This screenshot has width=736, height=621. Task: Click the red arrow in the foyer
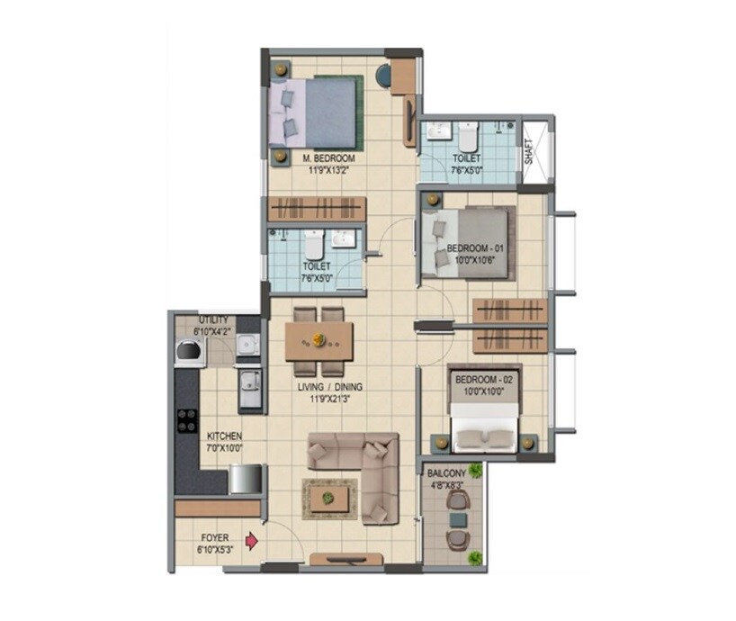point(253,542)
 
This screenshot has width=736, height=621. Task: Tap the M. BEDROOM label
point(328,158)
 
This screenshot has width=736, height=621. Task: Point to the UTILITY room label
point(214,319)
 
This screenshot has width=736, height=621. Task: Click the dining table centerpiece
point(318,340)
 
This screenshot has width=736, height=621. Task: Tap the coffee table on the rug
point(328,496)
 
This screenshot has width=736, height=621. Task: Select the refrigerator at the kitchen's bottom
point(244,478)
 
